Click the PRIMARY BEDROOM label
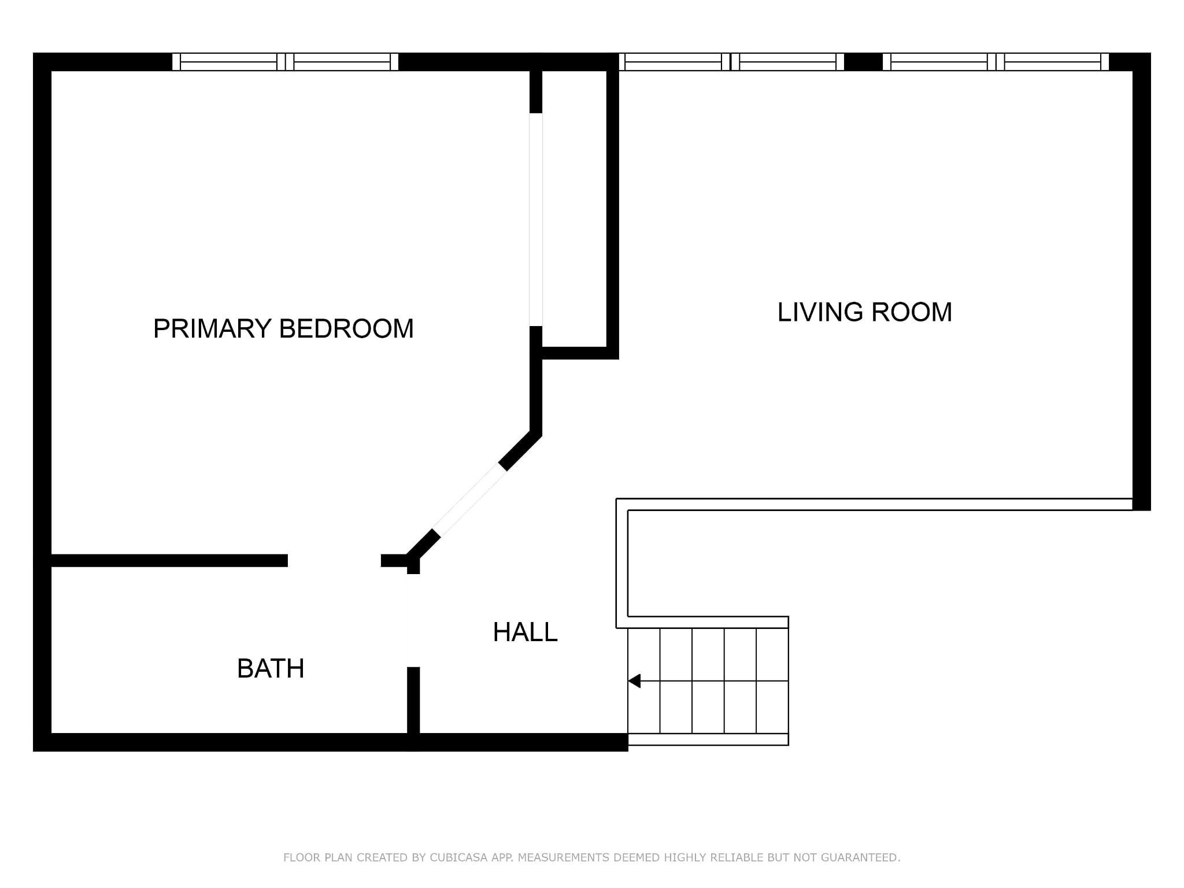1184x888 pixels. point(283,328)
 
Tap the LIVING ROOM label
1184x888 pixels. point(864,312)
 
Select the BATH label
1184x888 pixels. point(271,668)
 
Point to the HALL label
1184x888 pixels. point(525,632)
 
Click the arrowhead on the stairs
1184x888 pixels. point(634,681)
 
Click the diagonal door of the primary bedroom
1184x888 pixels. point(469,501)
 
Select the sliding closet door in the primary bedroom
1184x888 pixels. point(536,220)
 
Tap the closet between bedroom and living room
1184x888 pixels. point(574,209)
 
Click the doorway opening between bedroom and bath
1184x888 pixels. point(334,560)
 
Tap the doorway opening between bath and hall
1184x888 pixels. point(413,620)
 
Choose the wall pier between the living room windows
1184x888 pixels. point(864,61)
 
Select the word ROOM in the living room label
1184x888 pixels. point(912,312)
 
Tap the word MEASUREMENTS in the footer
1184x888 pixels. point(563,857)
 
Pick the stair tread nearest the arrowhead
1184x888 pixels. point(644,681)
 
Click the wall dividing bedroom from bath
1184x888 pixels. point(169,560)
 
